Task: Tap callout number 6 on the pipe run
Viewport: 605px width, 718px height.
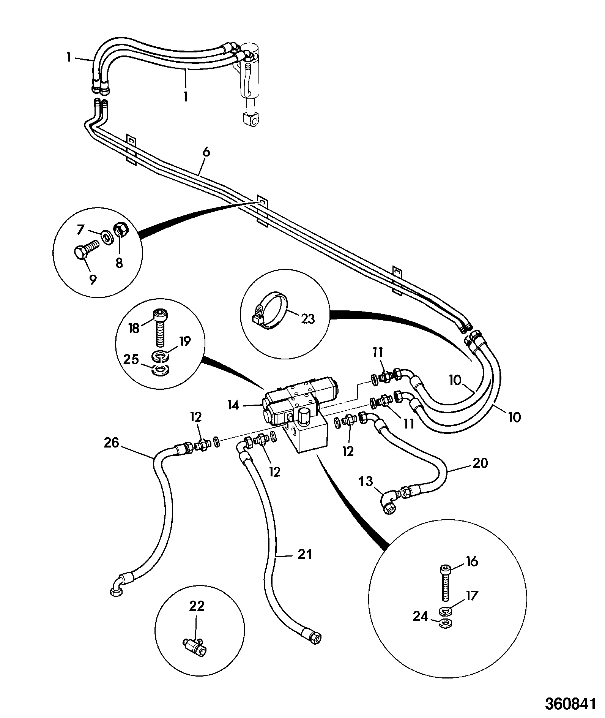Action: pyautogui.click(x=206, y=153)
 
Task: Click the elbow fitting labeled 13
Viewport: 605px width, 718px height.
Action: pyautogui.click(x=392, y=502)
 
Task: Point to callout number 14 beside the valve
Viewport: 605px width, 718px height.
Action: pyautogui.click(x=234, y=405)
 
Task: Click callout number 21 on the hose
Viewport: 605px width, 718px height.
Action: pyautogui.click(x=305, y=555)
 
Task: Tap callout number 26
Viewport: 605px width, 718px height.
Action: pyautogui.click(x=111, y=443)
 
